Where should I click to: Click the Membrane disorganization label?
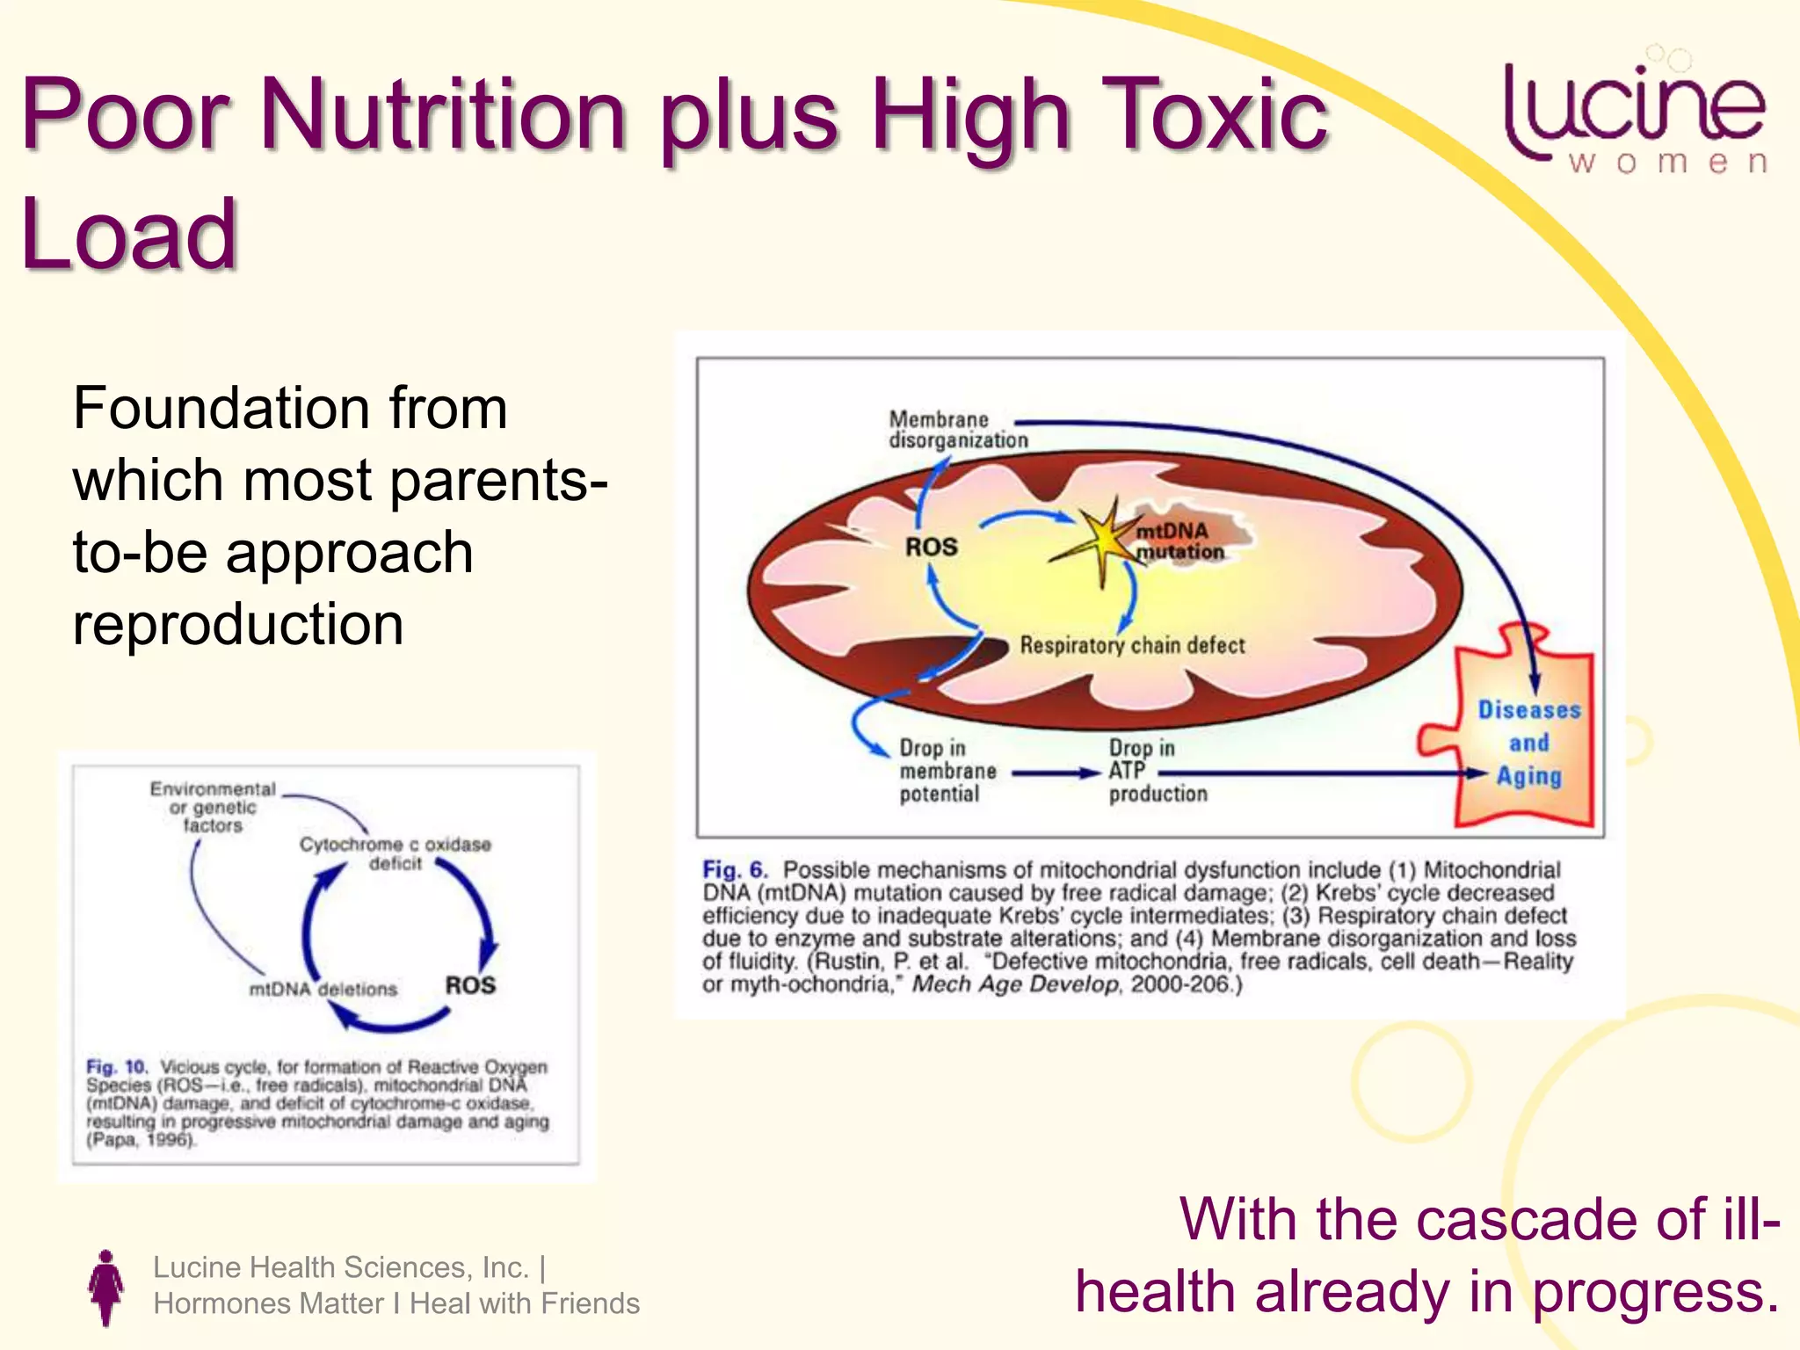[x=957, y=430]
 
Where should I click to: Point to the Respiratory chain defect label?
[x=1132, y=645]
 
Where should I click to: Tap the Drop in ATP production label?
[x=1157, y=771]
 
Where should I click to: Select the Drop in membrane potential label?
[x=947, y=771]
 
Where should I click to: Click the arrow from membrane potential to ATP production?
[x=1055, y=773]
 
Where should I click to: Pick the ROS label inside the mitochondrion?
[x=931, y=547]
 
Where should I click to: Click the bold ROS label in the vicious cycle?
[x=470, y=985]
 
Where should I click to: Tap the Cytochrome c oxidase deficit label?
[x=395, y=853]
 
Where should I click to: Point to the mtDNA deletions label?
[x=323, y=989]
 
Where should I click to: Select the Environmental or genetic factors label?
[x=212, y=807]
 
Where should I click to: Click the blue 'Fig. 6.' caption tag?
[x=734, y=870]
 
